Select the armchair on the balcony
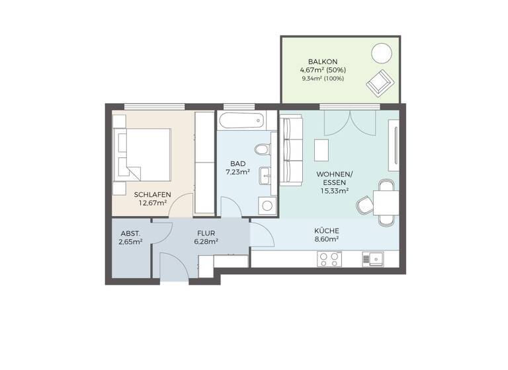coord(380,82)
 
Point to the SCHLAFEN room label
coord(153,194)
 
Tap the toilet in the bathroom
coord(265,150)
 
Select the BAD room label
coord(238,163)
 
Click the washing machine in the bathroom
coord(267,205)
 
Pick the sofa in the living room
coord(290,151)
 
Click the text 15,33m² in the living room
coord(335,191)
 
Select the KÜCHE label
coord(326,231)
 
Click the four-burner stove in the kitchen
coord(329,260)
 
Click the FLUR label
coord(206,233)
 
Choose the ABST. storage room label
coord(130,233)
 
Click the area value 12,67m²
coord(153,203)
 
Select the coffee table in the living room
coord(322,151)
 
